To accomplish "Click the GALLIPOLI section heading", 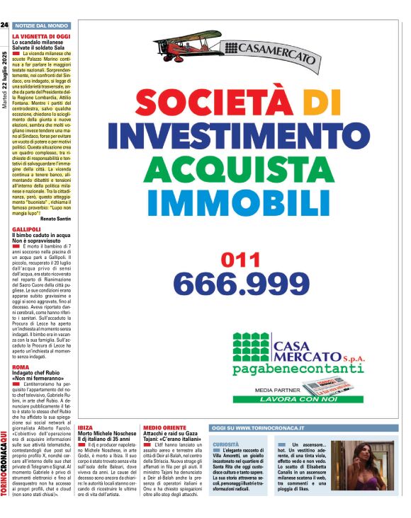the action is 26,229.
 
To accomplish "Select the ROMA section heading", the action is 21,367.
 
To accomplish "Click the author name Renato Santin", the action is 56,219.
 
